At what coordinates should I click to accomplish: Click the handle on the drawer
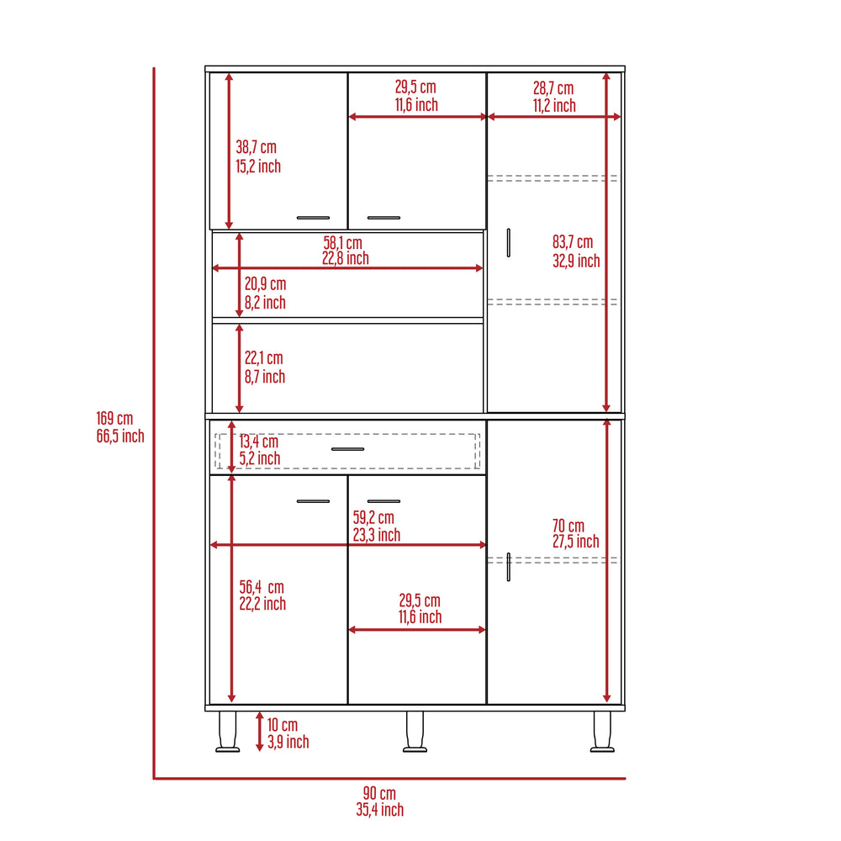347,449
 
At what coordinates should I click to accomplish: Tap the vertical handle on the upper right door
509,243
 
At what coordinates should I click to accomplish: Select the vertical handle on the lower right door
509,567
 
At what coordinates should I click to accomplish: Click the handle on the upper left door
313,218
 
